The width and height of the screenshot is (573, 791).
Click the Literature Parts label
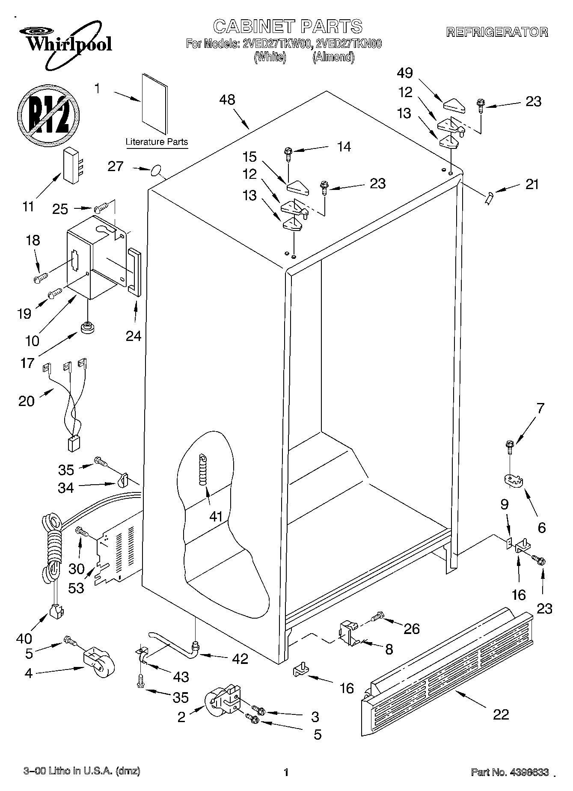157,142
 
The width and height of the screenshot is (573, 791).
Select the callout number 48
227,100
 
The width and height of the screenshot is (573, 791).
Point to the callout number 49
404,73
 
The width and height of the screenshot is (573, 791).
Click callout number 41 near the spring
216,517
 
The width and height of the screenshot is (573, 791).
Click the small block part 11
72,166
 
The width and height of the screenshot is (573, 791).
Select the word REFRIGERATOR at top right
497,32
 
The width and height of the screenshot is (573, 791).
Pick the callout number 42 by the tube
240,659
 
